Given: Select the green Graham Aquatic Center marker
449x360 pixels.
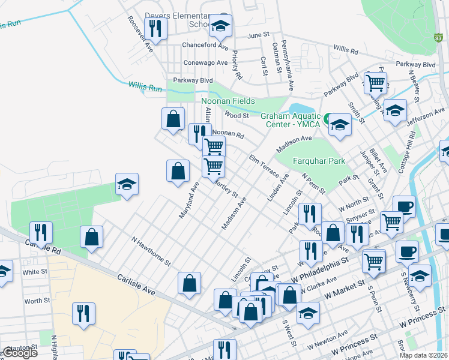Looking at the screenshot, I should coord(328,119).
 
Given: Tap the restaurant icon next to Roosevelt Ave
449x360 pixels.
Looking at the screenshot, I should coord(156,28).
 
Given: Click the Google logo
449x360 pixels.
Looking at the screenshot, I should coord(20,353).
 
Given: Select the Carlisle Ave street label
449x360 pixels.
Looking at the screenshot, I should coord(136,285).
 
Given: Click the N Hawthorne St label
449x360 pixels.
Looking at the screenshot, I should coord(151,251).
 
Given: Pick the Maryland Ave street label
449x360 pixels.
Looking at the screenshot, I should coord(188,200).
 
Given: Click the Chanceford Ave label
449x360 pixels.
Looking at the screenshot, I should coord(206,46).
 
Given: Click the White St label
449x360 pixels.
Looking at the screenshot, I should coord(35,272).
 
